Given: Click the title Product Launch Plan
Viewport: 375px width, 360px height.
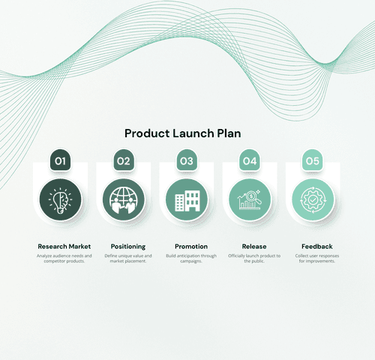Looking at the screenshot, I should tap(183, 133).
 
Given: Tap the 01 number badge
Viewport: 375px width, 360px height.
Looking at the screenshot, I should tap(61, 160).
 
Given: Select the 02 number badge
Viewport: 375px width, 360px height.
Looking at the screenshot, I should tap(124, 160).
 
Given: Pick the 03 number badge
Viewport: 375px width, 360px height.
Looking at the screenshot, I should tap(187, 160).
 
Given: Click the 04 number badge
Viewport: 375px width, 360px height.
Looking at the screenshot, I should tap(250, 160).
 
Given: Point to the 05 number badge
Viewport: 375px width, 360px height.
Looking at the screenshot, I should tap(313, 160).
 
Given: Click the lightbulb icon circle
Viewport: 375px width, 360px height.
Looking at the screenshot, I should tap(60, 200).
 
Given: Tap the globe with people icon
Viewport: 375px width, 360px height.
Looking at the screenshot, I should tap(123, 200).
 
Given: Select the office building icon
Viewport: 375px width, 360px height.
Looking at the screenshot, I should tap(187, 200).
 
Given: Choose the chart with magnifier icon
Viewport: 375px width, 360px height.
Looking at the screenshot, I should tap(250, 200).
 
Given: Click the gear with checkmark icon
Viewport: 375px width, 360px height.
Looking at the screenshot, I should tap(313, 200).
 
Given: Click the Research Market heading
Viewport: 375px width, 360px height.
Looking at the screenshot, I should tap(64, 246).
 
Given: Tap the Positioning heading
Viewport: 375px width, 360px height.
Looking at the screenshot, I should tap(128, 246).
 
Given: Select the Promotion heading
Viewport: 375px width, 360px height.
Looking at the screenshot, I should tap(191, 246).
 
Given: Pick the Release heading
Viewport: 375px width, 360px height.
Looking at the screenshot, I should tap(254, 246).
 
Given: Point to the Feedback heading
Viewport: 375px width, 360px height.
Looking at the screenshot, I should tap(317, 246).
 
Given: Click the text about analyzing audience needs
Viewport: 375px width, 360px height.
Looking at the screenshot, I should tap(64, 259).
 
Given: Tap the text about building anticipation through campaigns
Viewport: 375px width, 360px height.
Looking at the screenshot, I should tap(191, 259).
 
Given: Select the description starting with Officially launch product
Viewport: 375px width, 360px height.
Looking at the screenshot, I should tap(254, 259).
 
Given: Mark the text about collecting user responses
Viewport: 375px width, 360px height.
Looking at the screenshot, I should tap(317, 259).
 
